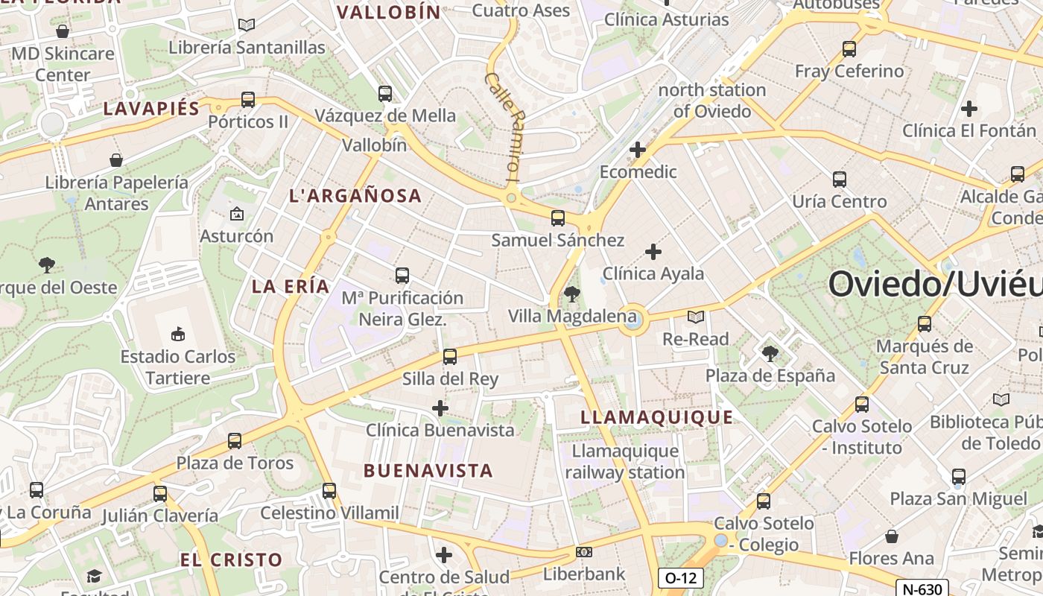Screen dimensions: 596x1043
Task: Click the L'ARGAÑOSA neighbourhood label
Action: pos(355,196)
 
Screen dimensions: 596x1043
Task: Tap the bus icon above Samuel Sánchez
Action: pos(558,218)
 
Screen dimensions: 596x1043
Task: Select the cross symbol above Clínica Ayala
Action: pos(653,252)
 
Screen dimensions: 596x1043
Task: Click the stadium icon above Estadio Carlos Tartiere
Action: pos(178,333)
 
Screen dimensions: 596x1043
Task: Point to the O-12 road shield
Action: pos(680,577)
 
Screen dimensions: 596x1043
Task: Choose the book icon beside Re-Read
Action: pos(696,317)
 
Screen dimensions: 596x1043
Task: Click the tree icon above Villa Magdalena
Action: pos(572,294)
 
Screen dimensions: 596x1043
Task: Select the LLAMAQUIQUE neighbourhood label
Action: pos(656,417)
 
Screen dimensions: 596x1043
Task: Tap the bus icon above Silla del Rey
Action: pos(450,357)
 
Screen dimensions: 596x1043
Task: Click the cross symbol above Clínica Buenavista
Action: pos(440,408)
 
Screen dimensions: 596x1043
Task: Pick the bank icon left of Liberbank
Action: pos(584,552)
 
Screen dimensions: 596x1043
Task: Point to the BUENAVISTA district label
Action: pos(428,471)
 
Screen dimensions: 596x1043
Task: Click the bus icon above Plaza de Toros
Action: pos(235,441)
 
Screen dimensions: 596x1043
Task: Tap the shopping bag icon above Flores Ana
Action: pos(892,536)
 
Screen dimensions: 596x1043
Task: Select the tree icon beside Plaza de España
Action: pos(770,353)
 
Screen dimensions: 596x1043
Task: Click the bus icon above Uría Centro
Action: pos(840,180)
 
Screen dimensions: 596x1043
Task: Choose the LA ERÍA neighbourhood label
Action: pos(291,286)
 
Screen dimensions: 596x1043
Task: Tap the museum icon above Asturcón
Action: pos(237,215)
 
